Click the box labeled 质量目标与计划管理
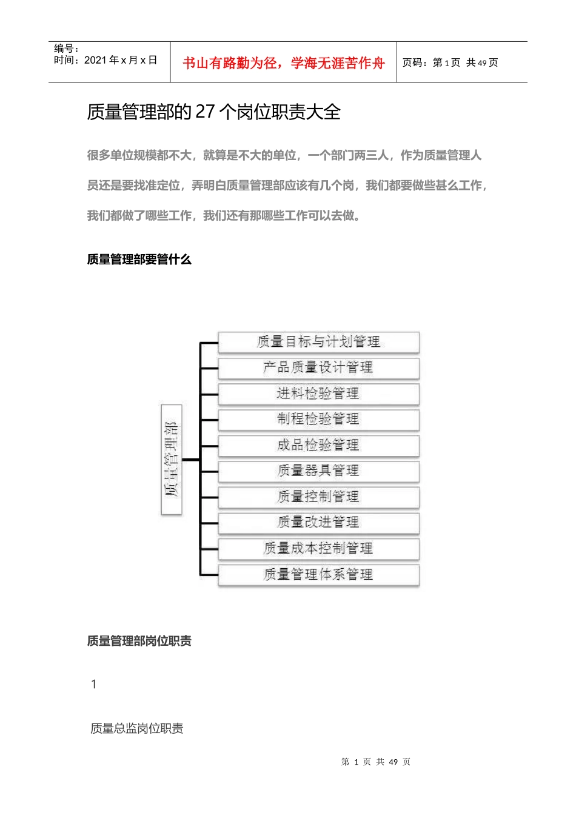318,342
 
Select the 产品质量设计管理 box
318,367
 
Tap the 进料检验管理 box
318,394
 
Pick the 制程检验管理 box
318,419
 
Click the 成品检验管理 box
318,445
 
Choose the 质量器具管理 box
318,471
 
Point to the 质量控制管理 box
318,497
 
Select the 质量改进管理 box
318,522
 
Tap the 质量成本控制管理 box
318,548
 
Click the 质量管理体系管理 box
318,574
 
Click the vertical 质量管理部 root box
172,459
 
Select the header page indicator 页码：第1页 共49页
450,62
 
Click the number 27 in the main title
206,112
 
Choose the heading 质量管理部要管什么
139,260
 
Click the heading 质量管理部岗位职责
139,641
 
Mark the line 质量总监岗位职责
136,728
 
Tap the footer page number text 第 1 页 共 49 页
375,762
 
